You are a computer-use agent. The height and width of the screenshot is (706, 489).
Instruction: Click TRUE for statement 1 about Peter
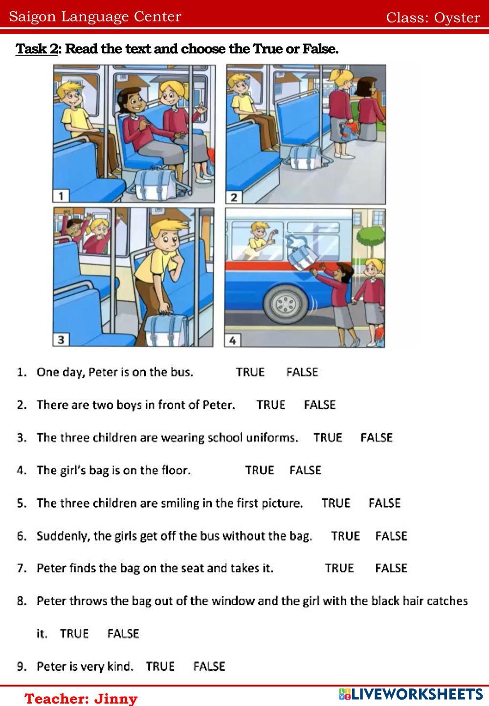[250, 372]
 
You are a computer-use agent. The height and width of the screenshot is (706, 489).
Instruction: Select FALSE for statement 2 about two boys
[319, 405]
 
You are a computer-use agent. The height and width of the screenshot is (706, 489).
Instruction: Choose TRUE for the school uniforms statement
[328, 438]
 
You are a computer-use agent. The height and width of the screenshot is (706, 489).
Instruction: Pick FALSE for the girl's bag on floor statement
[305, 470]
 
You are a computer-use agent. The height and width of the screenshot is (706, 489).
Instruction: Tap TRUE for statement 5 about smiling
[336, 503]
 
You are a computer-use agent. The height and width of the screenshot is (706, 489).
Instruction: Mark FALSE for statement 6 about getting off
[391, 536]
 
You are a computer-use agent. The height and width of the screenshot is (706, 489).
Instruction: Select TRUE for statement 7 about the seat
[339, 568]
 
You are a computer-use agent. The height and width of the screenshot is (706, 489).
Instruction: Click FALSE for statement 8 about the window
[123, 634]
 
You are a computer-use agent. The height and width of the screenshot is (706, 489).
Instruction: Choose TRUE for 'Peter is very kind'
[160, 666]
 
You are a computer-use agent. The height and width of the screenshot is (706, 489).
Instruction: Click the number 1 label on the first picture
[61, 196]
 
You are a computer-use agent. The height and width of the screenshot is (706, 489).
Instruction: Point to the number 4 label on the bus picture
[233, 341]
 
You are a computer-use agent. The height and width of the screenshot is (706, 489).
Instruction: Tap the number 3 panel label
[61, 340]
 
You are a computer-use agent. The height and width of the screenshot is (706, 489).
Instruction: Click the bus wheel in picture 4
[286, 304]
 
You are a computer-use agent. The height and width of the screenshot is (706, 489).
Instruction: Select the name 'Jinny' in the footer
[116, 698]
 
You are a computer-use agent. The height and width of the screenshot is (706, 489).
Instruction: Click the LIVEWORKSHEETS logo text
[411, 694]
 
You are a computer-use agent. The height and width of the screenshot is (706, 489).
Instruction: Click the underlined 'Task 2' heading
[36, 49]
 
